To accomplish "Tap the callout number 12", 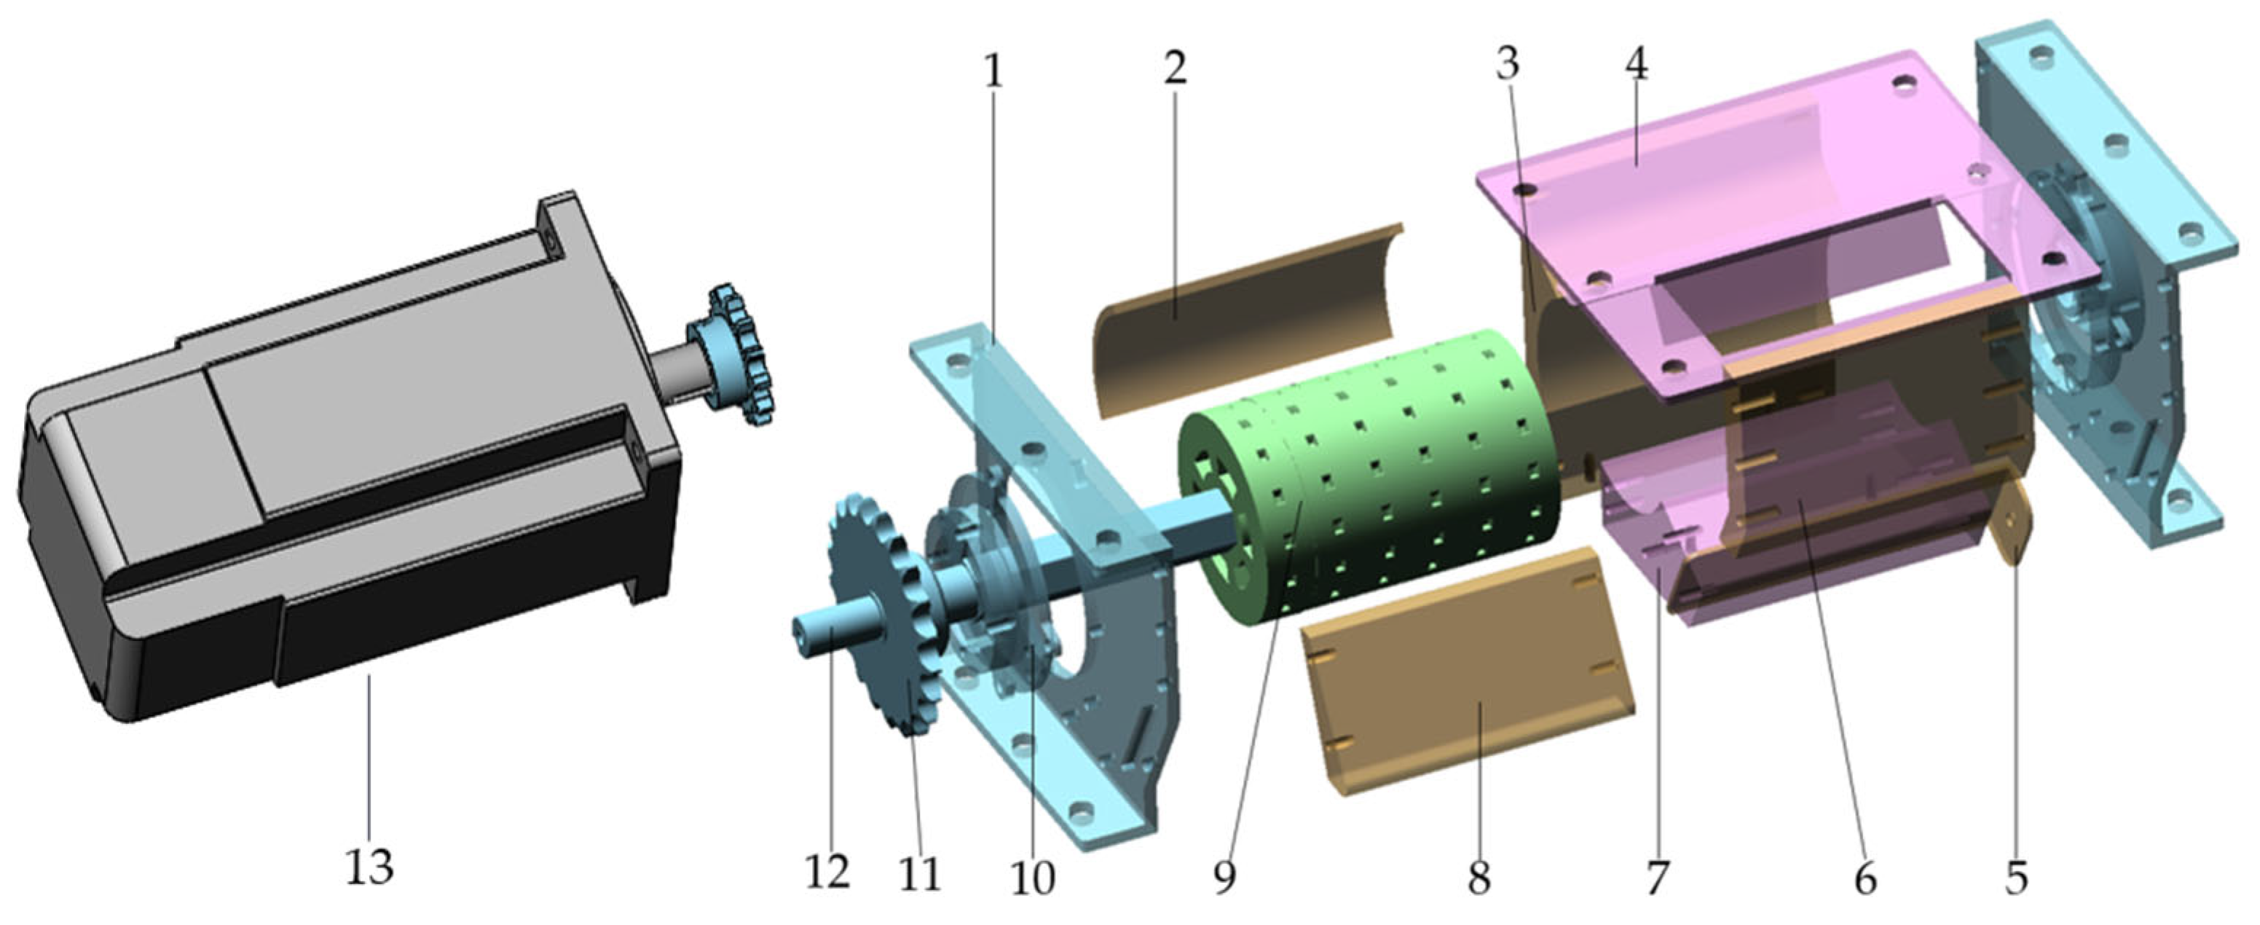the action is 828,871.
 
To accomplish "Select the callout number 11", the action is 919,873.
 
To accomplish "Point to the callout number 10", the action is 1033,878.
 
